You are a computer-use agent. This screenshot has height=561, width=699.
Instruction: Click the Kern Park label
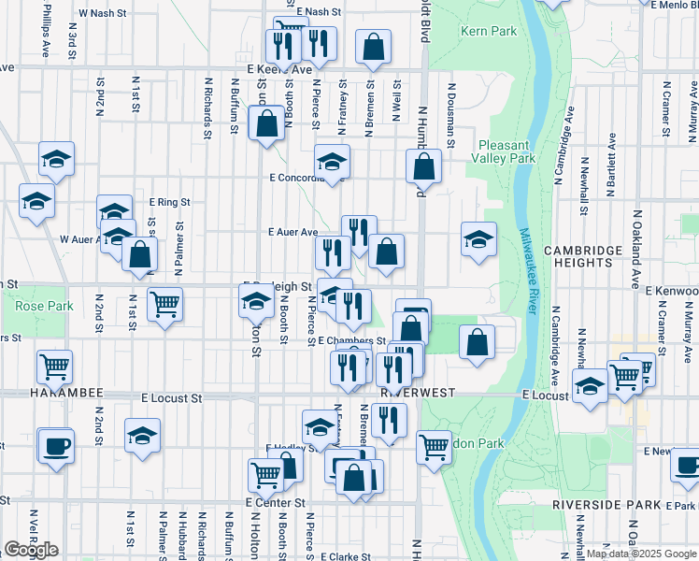coord(489,31)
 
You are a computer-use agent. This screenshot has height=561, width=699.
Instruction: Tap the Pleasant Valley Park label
coord(506,151)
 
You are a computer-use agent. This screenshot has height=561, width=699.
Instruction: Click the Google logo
coord(31,550)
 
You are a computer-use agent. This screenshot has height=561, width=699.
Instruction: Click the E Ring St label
coord(169,201)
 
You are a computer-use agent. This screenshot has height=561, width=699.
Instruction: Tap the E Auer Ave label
coord(293,232)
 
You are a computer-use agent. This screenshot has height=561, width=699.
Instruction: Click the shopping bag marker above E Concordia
coord(266,122)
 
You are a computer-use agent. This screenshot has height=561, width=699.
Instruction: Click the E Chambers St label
coord(351,341)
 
